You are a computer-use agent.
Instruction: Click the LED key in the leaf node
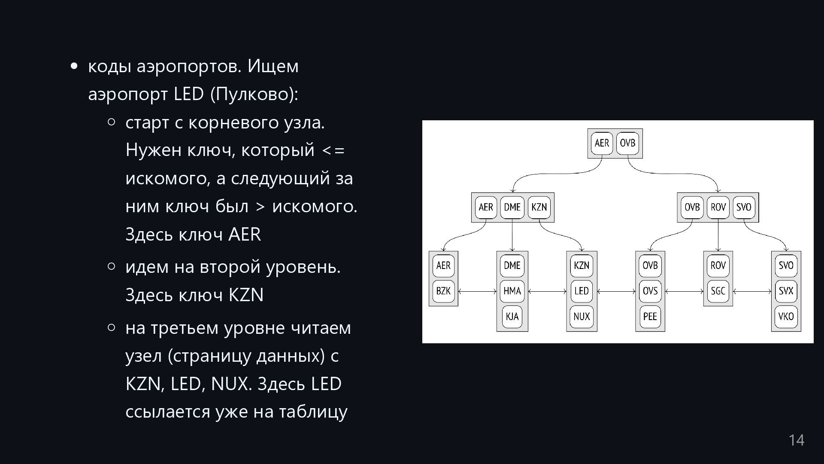pos(582,291)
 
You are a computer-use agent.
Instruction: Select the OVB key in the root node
pos(627,143)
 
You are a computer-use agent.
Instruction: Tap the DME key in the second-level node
pos(512,207)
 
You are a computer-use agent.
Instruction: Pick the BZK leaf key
pos(443,291)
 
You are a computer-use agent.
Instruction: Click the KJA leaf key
pos(512,317)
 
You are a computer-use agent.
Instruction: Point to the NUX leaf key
pos(582,317)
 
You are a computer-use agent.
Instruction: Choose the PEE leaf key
pos(650,317)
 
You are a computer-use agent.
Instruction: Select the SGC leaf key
pos(718,291)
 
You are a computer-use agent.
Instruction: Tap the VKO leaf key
pos(786,317)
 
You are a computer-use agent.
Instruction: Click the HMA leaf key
pos(512,291)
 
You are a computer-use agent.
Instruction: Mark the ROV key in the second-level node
pos(718,207)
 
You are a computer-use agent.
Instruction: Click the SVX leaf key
pos(786,291)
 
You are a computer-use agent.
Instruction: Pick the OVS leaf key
pos(650,291)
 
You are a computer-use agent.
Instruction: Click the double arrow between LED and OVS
pos(616,291)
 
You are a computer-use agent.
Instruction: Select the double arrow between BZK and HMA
pos(477,291)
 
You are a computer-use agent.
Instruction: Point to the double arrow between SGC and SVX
pos(752,291)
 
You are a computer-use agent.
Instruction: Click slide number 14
pos(797,440)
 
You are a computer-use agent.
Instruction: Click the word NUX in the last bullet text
pos(230,384)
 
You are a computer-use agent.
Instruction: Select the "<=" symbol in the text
pos(333,150)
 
